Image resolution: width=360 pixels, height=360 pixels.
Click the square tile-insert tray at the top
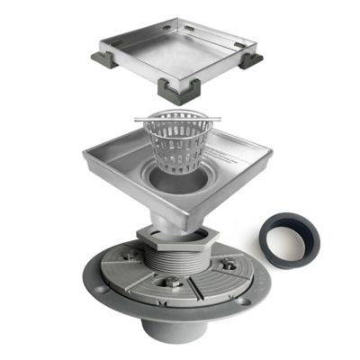pyautogui.click(x=180, y=49)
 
